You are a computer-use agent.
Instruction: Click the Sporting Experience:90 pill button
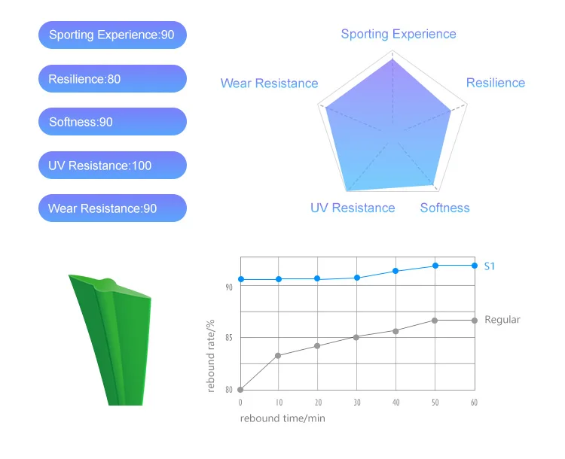tap(111, 35)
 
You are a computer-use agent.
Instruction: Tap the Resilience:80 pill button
tap(111, 79)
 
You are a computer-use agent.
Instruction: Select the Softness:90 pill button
tap(111, 122)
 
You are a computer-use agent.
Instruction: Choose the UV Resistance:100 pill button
tap(111, 166)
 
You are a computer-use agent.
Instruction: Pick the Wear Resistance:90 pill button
tap(111, 208)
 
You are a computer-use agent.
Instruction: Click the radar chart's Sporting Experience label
tap(398, 34)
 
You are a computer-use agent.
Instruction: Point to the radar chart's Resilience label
tap(495, 83)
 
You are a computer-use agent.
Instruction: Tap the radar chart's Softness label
tap(444, 208)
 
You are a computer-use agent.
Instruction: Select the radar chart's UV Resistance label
tap(353, 208)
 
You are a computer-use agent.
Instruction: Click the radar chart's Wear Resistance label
tap(269, 84)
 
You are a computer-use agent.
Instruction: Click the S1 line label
tap(490, 266)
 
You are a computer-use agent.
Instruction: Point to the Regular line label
tap(502, 320)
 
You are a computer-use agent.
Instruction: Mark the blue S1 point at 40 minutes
tap(396, 271)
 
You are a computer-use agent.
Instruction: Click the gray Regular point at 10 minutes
tap(279, 355)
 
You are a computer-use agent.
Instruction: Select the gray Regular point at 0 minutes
tap(240, 389)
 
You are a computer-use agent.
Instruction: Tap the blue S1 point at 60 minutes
tap(475, 265)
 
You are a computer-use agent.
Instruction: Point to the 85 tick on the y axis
tap(229, 338)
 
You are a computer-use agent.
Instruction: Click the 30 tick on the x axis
tap(357, 403)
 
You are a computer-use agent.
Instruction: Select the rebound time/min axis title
tap(283, 418)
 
